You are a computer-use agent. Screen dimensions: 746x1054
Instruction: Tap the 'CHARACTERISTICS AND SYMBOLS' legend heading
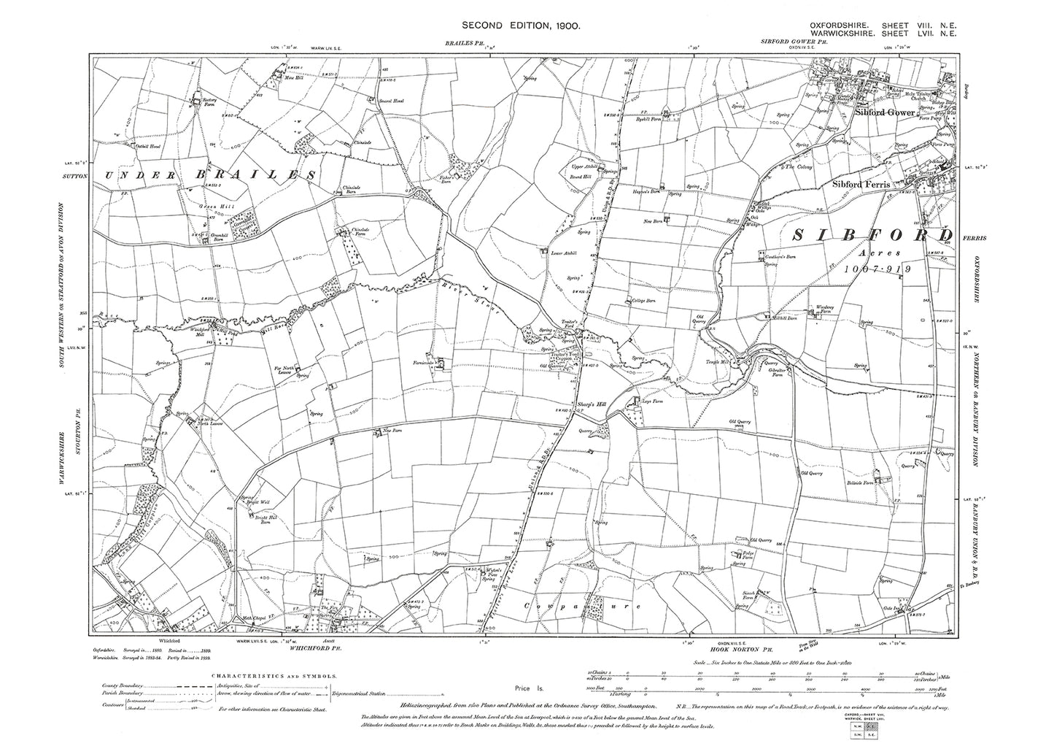pos(274,677)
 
